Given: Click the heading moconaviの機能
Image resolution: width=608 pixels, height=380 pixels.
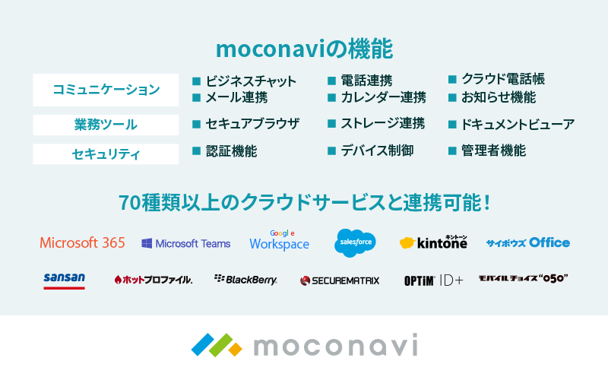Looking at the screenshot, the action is tap(305, 49).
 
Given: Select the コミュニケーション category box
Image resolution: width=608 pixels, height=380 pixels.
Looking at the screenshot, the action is tap(106, 90).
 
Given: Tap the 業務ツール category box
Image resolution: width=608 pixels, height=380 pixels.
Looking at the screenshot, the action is tap(106, 125).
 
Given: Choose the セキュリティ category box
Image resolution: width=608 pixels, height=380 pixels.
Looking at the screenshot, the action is tap(106, 154).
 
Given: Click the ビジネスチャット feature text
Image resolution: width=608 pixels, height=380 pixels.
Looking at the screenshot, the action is tap(251, 81).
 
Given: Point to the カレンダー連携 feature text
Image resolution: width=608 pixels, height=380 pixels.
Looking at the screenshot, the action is tap(384, 97).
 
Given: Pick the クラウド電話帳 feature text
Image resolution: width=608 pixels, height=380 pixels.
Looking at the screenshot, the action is tap(503, 79).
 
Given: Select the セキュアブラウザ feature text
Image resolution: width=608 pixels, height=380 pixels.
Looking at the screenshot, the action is tap(252, 124).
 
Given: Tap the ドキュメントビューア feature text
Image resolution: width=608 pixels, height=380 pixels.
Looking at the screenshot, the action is tap(518, 125).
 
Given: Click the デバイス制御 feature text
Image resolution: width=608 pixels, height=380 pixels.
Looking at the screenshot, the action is tap(377, 150).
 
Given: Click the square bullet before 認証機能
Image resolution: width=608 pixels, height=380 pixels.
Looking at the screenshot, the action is tap(197, 150).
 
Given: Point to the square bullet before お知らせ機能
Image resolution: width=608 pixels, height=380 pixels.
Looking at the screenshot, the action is tap(452, 97).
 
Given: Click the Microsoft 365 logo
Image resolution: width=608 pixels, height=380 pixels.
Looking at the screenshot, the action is tap(83, 242).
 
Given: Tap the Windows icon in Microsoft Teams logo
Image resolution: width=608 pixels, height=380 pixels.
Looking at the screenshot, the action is tap(147, 243).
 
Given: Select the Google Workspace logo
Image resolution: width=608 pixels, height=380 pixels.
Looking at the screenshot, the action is tap(280, 240).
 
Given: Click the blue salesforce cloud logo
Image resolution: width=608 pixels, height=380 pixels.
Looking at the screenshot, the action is tap(355, 242).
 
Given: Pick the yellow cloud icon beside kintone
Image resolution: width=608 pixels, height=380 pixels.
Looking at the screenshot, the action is tap(407, 242).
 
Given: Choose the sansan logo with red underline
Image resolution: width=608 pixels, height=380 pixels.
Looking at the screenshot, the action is tap(65, 280).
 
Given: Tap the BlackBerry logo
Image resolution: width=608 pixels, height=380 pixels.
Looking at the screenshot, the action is tap(245, 280).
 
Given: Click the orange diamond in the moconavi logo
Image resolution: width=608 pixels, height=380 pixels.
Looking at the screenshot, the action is tap(235, 349).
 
